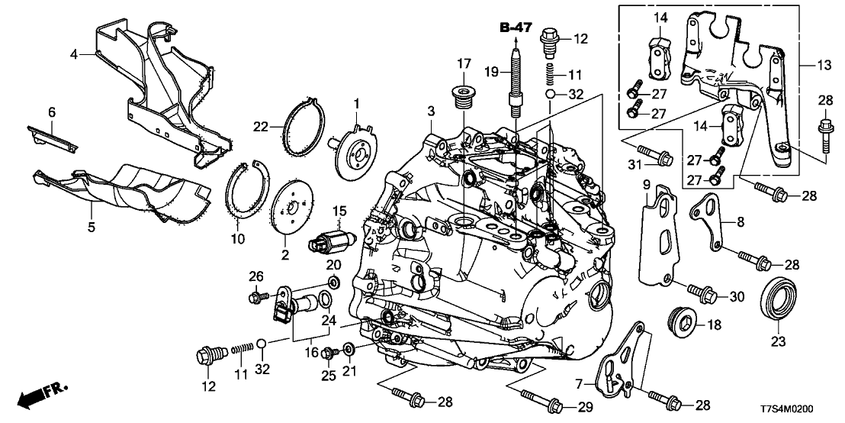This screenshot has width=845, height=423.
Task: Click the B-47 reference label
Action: pos(516,28)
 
